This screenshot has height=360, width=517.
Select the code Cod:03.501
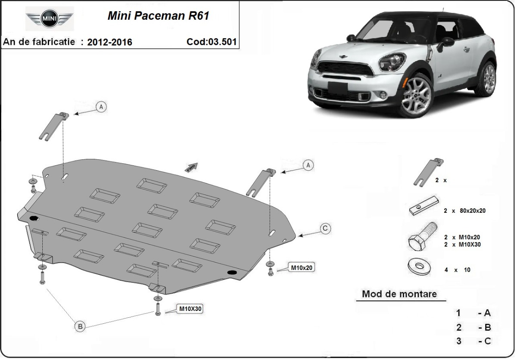click(211, 42)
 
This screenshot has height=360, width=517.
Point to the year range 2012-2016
click(109, 42)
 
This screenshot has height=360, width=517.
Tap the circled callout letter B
click(80, 326)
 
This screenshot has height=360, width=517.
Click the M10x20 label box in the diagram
click(302, 268)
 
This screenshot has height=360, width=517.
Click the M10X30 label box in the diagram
click(190, 309)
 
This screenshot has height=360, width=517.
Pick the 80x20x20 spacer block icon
click(424, 208)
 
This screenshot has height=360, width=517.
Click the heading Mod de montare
click(399, 294)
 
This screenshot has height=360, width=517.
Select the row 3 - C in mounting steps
click(473, 341)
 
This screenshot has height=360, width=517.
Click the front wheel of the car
click(416, 95)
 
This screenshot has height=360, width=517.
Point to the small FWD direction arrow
click(191, 168)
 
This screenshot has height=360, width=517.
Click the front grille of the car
click(344, 69)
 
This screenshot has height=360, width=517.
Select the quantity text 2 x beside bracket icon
click(440, 180)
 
